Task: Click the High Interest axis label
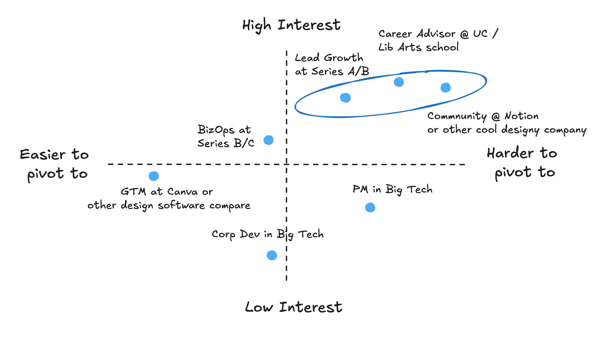pyautogui.click(x=291, y=25)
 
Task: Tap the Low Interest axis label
pyautogui.click(x=294, y=307)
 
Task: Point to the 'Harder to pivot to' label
pyautogui.click(x=522, y=163)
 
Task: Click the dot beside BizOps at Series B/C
pyautogui.click(x=269, y=140)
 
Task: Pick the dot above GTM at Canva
pyautogui.click(x=154, y=176)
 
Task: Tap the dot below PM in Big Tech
pyautogui.click(x=370, y=207)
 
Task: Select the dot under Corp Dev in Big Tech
pyautogui.click(x=272, y=255)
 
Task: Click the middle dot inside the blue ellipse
pyautogui.click(x=399, y=82)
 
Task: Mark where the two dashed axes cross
pyautogui.click(x=287, y=164)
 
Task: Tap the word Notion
pyautogui.click(x=522, y=116)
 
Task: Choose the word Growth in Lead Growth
pyautogui.click(x=344, y=58)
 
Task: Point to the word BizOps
pyautogui.click(x=216, y=130)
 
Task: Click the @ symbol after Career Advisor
pyautogui.click(x=464, y=34)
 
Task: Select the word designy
pyautogui.click(x=520, y=130)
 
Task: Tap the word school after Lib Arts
pyautogui.click(x=443, y=47)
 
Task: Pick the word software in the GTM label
pyautogui.click(x=181, y=206)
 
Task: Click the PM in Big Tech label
pyautogui.click(x=392, y=189)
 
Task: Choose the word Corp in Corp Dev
pyautogui.click(x=224, y=235)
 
